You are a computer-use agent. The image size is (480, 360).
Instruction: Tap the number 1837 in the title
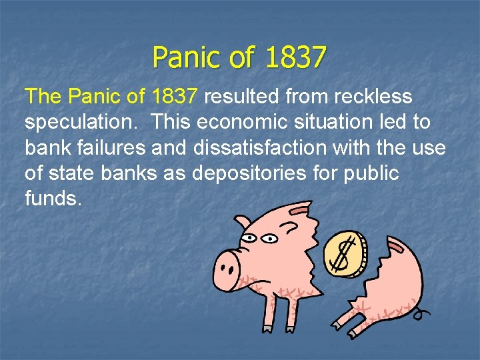295,57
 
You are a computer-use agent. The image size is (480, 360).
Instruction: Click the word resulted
243,97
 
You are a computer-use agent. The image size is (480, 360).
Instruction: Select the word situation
330,123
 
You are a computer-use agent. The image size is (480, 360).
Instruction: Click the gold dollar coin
345,254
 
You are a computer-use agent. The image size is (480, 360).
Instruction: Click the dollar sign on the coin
344,255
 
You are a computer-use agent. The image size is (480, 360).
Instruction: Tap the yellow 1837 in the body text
175,97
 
